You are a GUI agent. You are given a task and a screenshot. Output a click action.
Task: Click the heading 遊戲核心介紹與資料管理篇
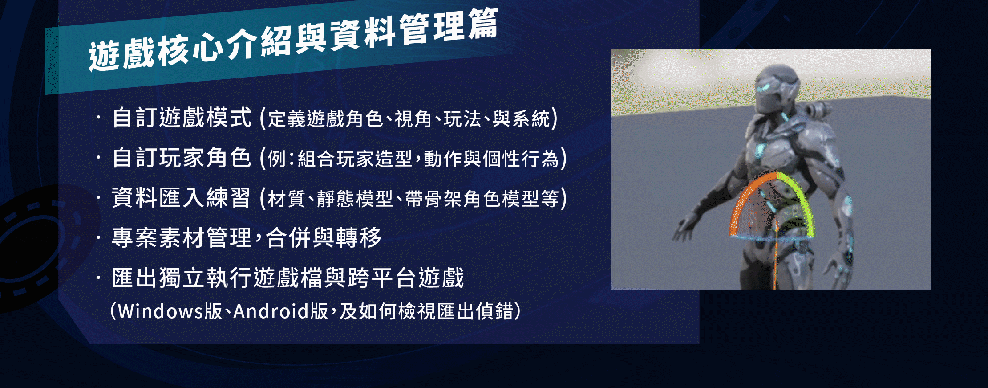[x=293, y=41]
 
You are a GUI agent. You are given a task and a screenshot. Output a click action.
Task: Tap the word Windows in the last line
[x=161, y=311]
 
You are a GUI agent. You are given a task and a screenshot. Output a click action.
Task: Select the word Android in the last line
[x=271, y=311]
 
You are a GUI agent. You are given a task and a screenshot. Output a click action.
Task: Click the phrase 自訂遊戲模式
[x=182, y=118]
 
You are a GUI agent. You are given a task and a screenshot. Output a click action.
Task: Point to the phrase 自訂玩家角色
[x=182, y=158]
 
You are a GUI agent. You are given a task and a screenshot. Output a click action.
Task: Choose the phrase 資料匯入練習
[x=182, y=197]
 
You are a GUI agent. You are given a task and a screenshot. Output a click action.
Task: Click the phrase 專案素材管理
[x=182, y=237]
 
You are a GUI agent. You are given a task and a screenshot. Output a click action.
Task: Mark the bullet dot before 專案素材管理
[x=98, y=237]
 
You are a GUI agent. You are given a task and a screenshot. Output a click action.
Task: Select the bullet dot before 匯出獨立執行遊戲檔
[x=98, y=278]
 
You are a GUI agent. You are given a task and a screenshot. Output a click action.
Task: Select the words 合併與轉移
[x=324, y=237]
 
